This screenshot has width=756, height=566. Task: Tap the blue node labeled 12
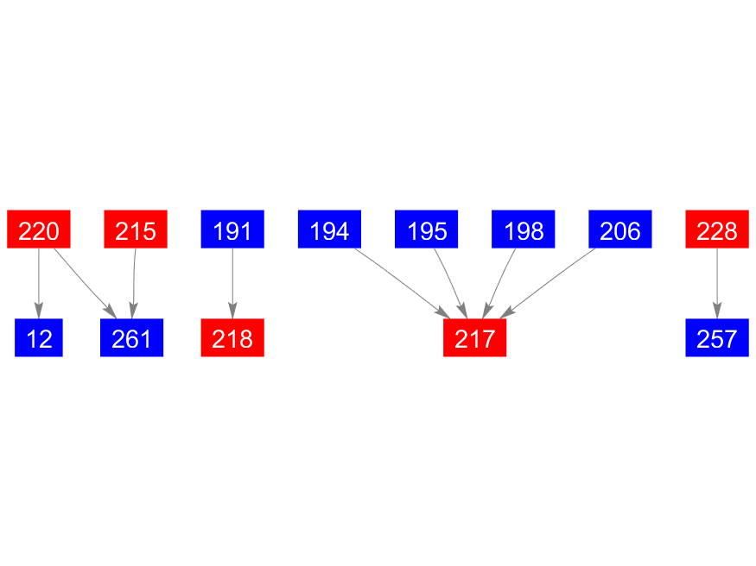pyautogui.click(x=39, y=338)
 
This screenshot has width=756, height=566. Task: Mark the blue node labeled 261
pyautogui.click(x=131, y=338)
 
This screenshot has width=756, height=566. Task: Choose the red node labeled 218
pyautogui.click(x=232, y=338)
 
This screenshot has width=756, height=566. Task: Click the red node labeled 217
pyautogui.click(x=474, y=338)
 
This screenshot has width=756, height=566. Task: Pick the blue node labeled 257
pyautogui.click(x=716, y=338)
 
